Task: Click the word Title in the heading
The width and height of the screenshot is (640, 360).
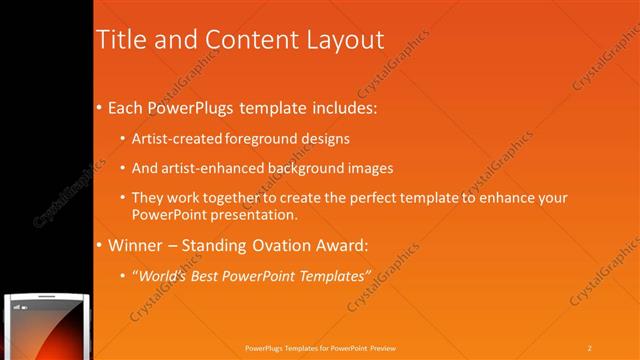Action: pyautogui.click(x=120, y=40)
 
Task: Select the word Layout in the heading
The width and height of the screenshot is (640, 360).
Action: pyautogui.click(x=343, y=40)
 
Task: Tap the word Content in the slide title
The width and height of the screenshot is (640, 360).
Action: pyautogui.click(x=243, y=40)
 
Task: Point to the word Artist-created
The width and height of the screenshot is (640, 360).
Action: pyautogui.click(x=177, y=138)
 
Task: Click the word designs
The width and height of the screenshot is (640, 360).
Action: pyautogui.click(x=327, y=138)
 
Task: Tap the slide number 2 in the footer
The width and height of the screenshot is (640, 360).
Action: pyautogui.click(x=590, y=347)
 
